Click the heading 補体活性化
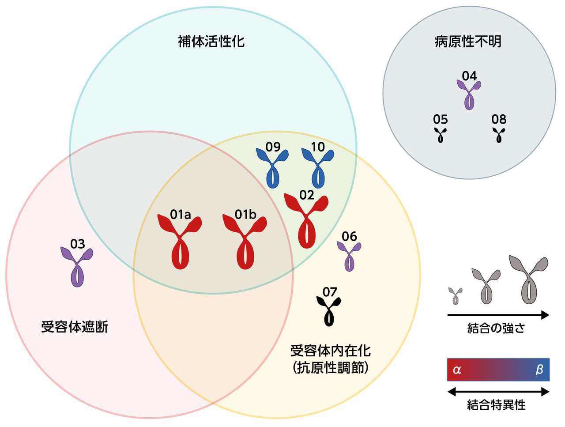coord(211,42)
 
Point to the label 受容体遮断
coord(75,327)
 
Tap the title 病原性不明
coord(468,42)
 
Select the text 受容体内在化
coord(331,351)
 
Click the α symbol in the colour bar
coord(457,370)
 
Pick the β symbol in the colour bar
coord(539,370)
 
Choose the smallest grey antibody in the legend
coord(456,296)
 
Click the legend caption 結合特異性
coord(497,405)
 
